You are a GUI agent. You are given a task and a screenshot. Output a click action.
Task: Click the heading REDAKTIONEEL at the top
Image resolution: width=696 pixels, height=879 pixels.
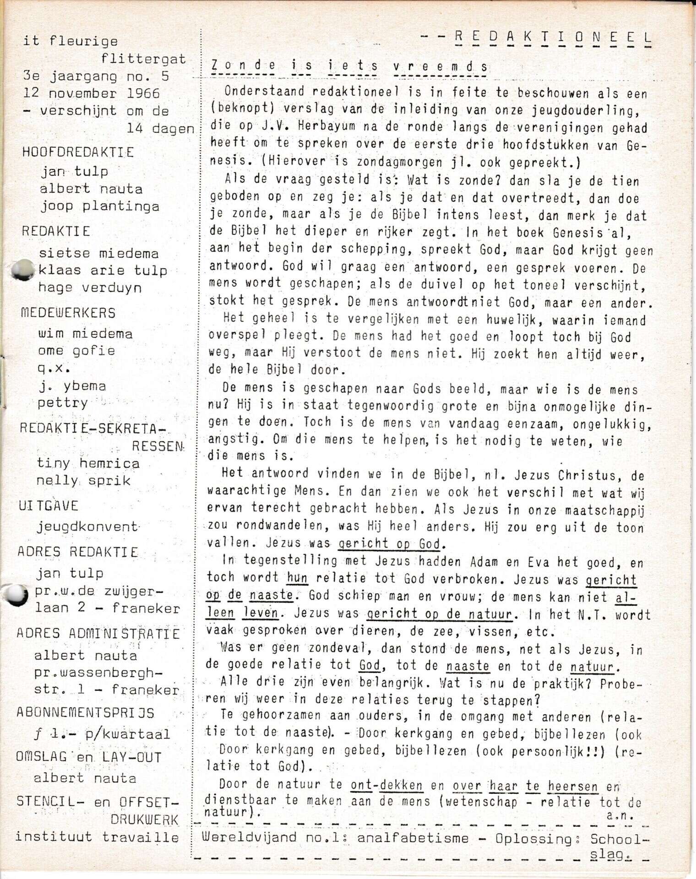click(x=552, y=38)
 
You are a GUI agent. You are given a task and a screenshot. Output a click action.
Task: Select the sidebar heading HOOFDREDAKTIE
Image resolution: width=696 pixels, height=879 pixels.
click(x=78, y=152)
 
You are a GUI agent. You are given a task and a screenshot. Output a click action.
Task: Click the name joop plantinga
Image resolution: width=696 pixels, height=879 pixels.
click(x=99, y=206)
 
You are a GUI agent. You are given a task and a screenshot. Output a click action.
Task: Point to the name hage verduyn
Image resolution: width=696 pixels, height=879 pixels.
click(x=90, y=288)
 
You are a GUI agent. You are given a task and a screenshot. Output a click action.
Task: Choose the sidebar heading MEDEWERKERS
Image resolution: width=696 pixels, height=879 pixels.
click(x=68, y=313)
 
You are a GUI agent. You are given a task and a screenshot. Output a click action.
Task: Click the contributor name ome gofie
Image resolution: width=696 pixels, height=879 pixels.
click(x=76, y=351)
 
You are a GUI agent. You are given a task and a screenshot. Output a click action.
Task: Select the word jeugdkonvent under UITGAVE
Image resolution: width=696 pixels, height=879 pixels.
click(x=87, y=527)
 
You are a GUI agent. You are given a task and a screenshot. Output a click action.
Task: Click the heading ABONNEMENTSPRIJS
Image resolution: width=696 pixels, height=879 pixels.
click(x=86, y=713)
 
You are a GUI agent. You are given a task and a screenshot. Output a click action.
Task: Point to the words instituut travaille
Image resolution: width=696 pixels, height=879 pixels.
click(x=97, y=837)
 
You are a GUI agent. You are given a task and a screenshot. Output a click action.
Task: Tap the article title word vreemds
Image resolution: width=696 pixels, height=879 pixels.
click(x=440, y=66)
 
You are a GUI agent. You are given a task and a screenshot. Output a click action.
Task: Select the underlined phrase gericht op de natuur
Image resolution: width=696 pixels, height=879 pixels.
click(x=439, y=614)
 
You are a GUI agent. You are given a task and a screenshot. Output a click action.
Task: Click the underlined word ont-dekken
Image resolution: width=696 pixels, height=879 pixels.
click(x=386, y=785)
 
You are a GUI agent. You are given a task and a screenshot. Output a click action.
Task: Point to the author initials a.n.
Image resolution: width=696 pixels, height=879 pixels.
click(x=619, y=815)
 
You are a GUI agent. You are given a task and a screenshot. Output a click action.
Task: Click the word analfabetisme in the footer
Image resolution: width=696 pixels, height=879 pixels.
click(x=413, y=838)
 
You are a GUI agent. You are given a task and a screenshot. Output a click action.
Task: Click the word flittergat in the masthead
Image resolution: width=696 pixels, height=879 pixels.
click(x=143, y=59)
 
